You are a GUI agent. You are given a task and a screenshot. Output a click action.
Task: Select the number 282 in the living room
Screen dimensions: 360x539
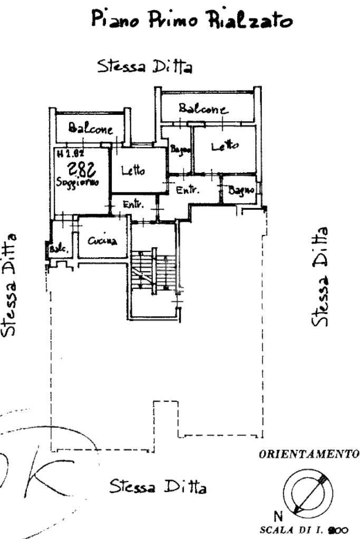tap(82, 169)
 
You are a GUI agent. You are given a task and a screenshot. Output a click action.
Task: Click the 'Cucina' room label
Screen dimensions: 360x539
tap(102, 241)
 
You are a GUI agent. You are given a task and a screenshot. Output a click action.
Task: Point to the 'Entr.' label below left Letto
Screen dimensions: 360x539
tap(132, 204)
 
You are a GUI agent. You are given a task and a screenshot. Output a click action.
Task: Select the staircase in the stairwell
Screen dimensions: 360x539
tap(152, 271)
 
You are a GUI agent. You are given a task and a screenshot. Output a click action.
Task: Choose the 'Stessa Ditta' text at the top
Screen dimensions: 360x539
tap(144, 67)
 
